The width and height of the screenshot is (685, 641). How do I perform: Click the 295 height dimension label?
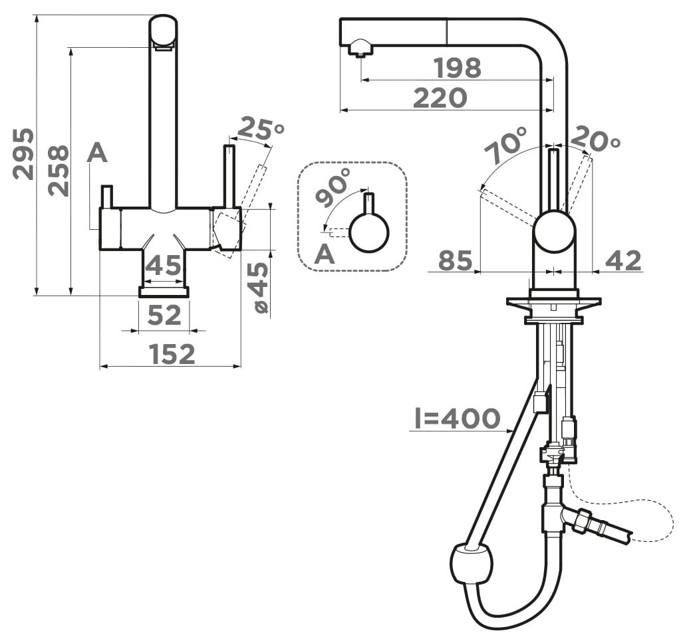point(23,153)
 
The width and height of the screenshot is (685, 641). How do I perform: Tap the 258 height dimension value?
point(59,171)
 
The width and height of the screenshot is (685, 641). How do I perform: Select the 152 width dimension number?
point(172,354)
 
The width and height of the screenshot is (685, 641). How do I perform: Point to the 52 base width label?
point(164,315)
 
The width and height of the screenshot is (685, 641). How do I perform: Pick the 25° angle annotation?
point(261,128)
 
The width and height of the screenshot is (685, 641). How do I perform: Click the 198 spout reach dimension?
point(458,68)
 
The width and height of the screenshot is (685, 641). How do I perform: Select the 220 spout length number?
point(440,98)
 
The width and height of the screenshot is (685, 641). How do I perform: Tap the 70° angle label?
point(507,144)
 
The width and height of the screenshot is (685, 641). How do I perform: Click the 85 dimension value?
point(455,260)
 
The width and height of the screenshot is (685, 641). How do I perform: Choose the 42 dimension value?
point(623,260)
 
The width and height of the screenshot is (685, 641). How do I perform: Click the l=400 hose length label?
point(457,418)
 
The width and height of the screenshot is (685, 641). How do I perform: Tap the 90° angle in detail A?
point(333,187)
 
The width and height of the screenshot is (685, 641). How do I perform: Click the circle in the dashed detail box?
point(368,232)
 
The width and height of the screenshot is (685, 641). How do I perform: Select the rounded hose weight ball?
point(471,563)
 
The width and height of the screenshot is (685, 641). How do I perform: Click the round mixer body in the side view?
point(554,232)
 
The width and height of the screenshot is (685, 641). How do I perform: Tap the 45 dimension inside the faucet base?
point(163,265)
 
